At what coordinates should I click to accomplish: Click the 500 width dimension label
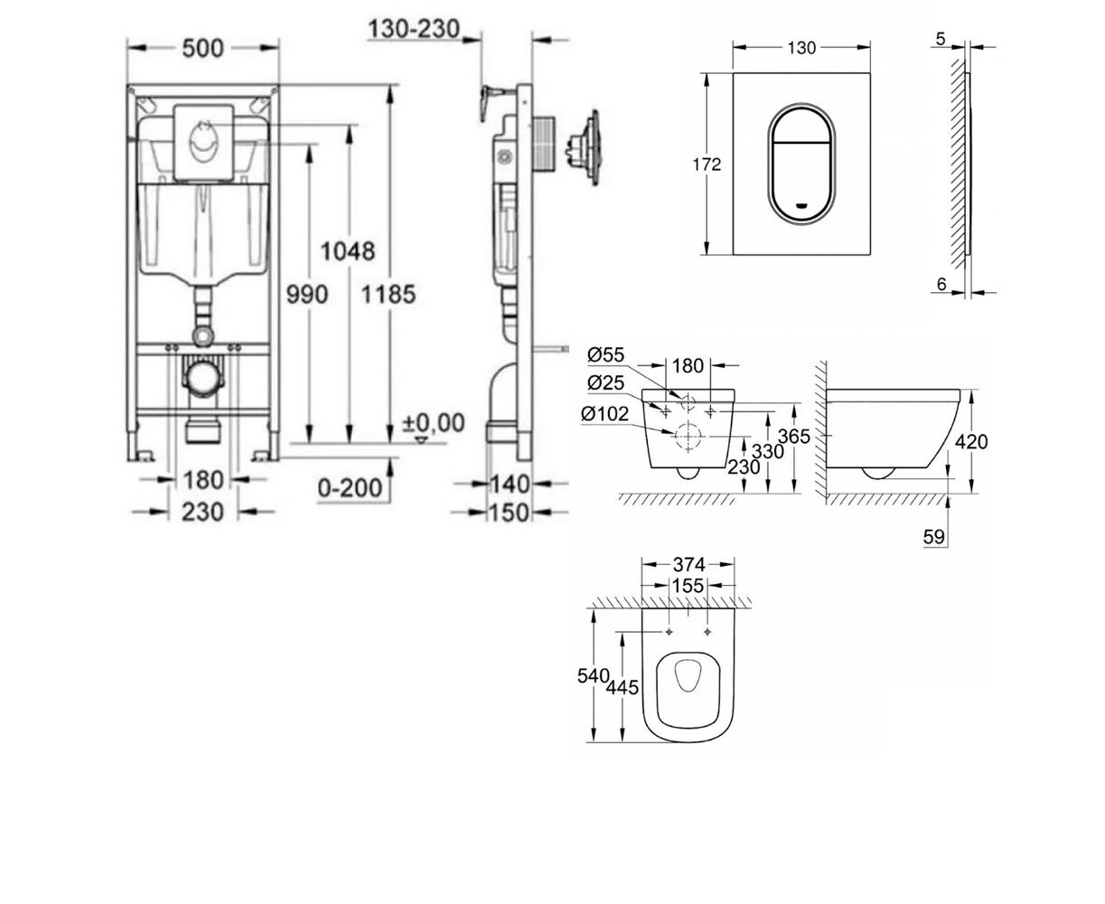[202, 48]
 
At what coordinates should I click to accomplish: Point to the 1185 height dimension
[389, 294]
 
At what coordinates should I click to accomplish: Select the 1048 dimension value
[348, 251]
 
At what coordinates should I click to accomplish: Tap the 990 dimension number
[307, 294]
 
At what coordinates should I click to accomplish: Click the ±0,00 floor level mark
[434, 423]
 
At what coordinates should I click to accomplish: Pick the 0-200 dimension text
[350, 489]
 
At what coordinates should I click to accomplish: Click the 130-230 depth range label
[414, 29]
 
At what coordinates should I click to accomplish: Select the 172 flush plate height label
[707, 165]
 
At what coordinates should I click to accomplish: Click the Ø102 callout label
[604, 414]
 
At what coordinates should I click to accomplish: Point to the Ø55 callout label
[606, 355]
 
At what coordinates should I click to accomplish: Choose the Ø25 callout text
[606, 382]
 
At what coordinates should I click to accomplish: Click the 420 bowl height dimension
[971, 442]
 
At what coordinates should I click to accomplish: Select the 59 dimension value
[933, 537]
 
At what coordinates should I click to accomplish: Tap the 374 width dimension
[688, 565]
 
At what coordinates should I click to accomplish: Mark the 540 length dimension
[594, 676]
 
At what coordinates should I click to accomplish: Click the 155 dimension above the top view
[688, 586]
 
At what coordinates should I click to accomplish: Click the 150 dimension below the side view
[510, 513]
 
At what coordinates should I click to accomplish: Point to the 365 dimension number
[794, 437]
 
